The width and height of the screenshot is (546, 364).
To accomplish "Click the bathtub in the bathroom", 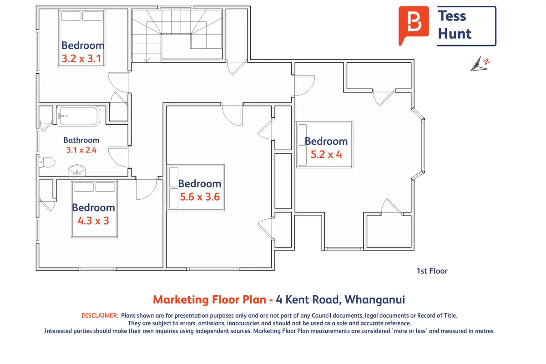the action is coord(78,116).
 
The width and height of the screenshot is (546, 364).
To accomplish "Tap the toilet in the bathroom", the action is coord(47,162).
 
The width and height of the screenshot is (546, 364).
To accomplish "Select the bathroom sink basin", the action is coord(77,170).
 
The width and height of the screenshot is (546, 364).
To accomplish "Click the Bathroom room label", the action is coord(81,140).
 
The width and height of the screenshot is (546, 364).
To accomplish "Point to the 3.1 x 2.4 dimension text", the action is coord(81,150).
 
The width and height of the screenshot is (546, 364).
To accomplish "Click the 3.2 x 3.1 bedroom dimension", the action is coord(81,59).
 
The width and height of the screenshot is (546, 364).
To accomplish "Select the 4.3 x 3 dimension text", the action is coord(93,221).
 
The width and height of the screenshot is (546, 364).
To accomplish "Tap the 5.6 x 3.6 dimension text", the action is coord(200,197).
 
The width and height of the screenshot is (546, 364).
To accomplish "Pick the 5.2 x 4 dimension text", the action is coord(326,155).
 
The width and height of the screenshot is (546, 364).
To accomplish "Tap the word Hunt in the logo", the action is coord(455,34).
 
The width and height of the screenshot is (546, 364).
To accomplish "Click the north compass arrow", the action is coord(480,64).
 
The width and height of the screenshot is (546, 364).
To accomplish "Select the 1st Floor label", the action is coord(432,271).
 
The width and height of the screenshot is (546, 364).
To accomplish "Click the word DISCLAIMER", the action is coord(100,315).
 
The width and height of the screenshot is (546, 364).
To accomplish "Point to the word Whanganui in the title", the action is coord(374,300).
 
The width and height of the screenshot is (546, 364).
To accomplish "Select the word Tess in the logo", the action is coord(452,16).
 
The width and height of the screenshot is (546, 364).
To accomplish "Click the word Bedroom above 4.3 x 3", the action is coord(93,208).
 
